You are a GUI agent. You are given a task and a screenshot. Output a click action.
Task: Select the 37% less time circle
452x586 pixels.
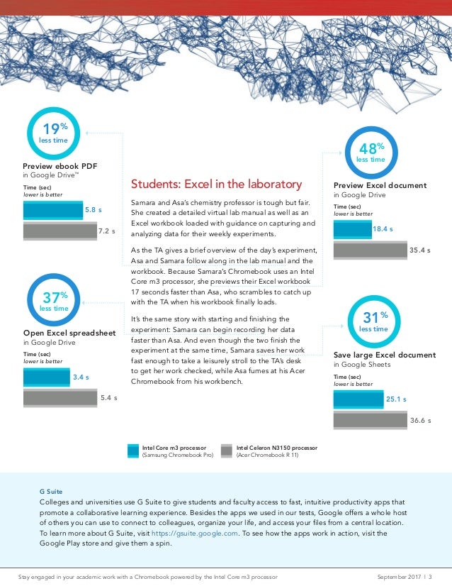(x=53, y=302)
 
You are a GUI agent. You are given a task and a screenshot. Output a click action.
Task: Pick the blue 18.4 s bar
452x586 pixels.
(x=351, y=229)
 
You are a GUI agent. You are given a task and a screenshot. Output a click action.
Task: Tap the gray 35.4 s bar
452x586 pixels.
(x=369, y=250)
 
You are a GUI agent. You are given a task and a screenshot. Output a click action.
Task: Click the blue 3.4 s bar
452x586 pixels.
(x=46, y=377)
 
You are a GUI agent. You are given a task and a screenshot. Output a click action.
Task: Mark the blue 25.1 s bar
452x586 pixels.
(x=358, y=399)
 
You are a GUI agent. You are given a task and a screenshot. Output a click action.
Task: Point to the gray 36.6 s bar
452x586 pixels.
(x=369, y=420)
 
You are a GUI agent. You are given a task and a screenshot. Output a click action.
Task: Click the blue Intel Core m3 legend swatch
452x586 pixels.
(x=132, y=451)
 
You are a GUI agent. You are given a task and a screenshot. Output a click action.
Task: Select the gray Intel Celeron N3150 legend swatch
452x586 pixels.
(x=227, y=451)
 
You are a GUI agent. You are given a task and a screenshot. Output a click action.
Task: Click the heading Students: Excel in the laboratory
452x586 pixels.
(x=216, y=184)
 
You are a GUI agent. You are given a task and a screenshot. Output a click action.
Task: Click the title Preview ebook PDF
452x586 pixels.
(x=60, y=166)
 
